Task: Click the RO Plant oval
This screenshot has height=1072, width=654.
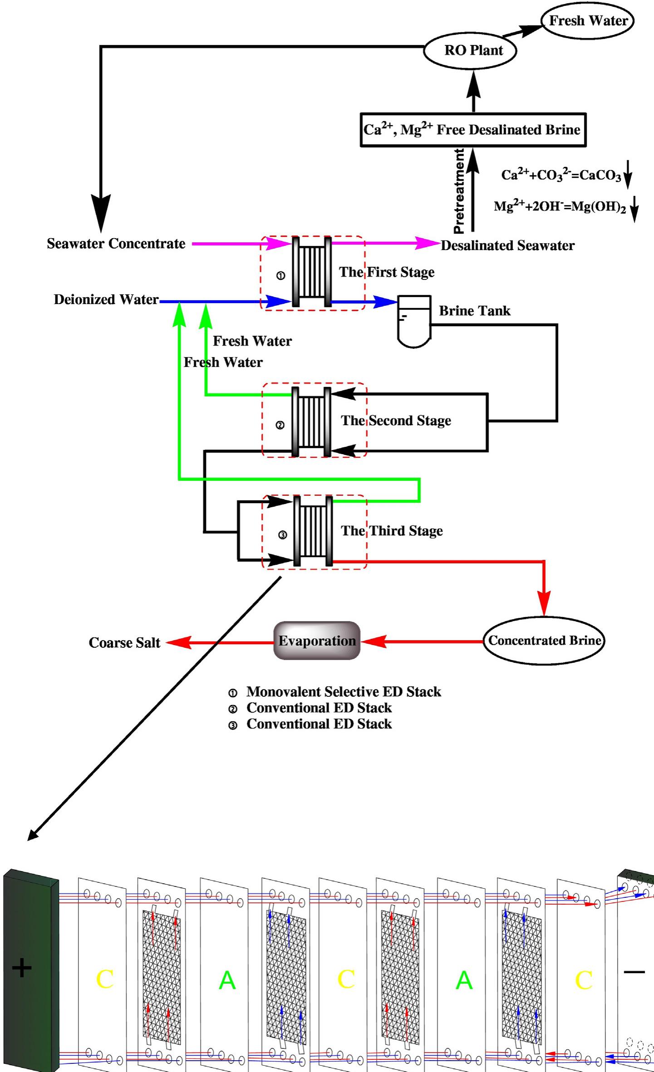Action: [470, 50]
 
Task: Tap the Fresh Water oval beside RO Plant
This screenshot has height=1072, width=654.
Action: [587, 21]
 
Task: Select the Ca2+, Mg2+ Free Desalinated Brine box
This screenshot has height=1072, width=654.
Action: [472, 130]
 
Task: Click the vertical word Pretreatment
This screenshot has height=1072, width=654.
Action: [459, 191]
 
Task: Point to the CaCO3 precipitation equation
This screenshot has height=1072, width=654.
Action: [561, 175]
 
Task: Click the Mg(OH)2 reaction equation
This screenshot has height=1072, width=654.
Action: [560, 207]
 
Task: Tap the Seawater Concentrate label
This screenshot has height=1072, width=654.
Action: [116, 244]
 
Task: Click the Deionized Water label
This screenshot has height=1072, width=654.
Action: [106, 300]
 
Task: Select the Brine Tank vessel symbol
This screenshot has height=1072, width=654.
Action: [413, 321]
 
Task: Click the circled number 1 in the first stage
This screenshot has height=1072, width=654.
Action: [281, 275]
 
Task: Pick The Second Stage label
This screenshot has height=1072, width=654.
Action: [396, 421]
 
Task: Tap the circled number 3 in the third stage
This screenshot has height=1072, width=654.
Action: [282, 535]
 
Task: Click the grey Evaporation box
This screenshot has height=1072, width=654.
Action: [317, 641]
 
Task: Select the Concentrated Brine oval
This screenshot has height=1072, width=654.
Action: [544, 641]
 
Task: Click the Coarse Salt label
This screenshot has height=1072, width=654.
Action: [124, 643]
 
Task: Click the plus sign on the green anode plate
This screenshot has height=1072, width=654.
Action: [22, 968]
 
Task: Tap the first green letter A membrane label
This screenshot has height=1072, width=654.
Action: [227, 980]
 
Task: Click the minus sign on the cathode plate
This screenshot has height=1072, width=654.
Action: [634, 971]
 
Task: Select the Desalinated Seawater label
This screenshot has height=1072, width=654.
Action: [507, 246]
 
